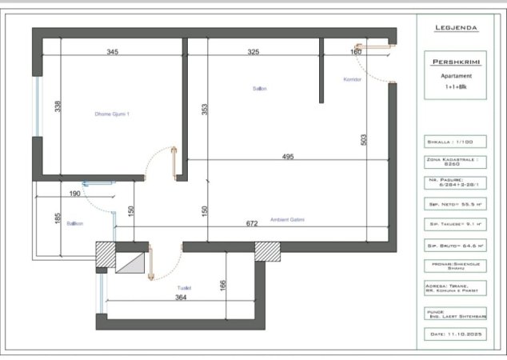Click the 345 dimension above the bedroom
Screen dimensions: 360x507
point(112,52)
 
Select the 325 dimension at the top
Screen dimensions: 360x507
point(253,52)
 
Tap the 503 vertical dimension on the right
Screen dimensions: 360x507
point(363,140)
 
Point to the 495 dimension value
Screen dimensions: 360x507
point(289,157)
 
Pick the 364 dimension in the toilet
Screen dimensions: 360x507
point(181,298)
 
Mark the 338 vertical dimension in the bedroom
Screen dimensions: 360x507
point(58,106)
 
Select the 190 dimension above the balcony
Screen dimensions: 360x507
point(74,194)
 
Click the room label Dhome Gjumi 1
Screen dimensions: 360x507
point(112,114)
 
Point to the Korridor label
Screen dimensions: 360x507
point(353,80)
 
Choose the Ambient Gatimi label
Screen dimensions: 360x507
point(287,220)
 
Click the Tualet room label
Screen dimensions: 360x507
point(184,287)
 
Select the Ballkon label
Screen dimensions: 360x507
point(75,224)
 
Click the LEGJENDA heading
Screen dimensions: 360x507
point(457,28)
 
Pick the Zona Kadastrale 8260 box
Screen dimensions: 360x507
point(457,163)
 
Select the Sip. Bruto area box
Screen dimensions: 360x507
point(457,246)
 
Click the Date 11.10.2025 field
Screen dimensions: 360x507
point(457,334)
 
